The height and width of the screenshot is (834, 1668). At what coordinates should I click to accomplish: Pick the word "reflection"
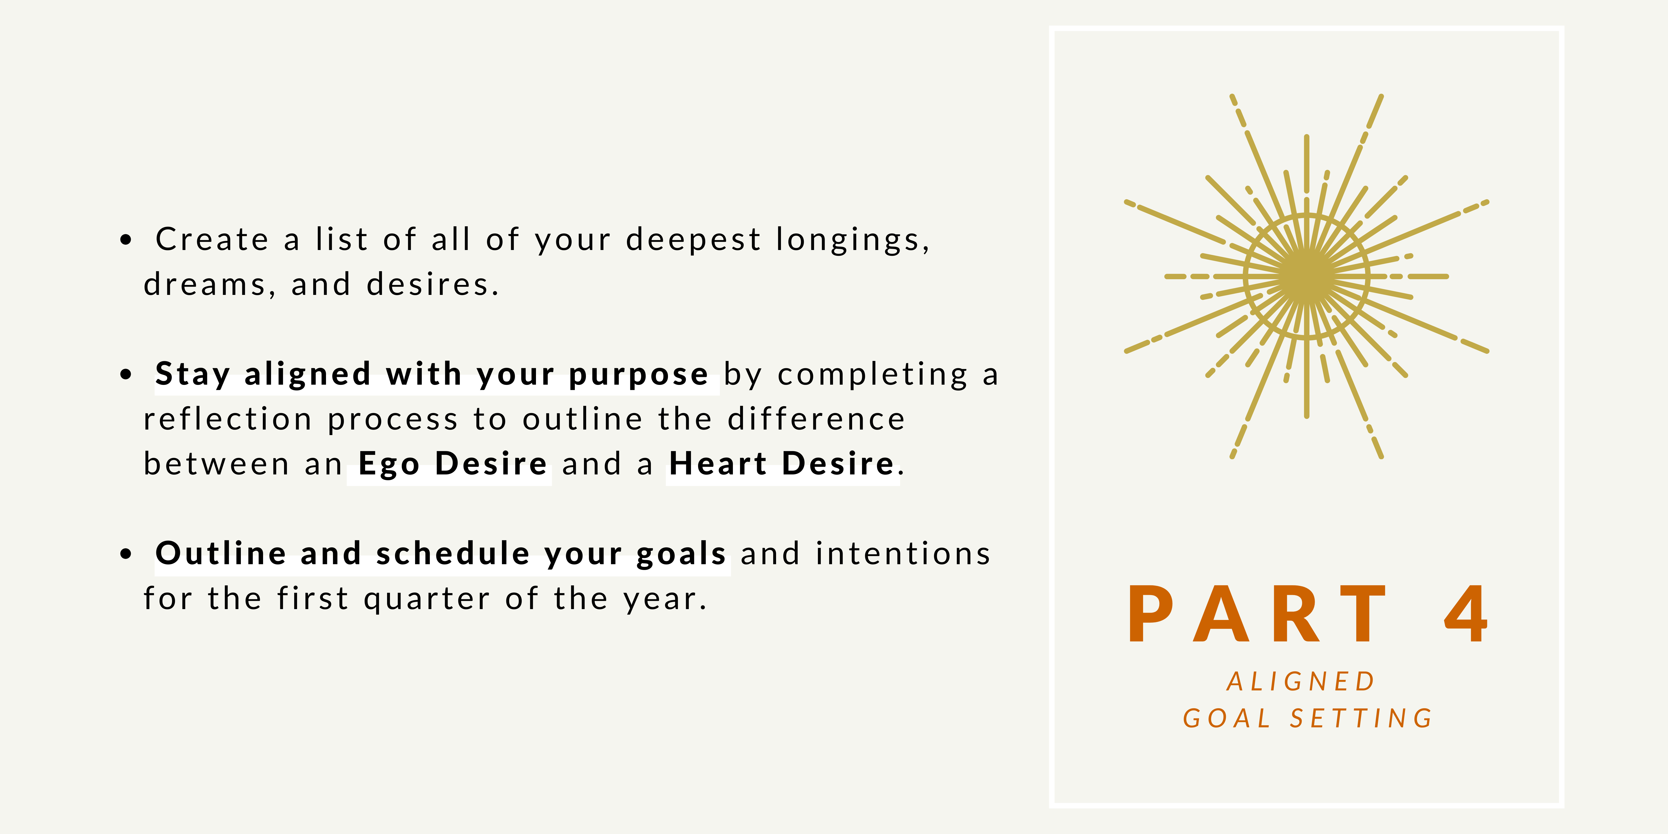[227, 419]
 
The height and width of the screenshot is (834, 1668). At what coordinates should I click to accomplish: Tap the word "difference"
[816, 419]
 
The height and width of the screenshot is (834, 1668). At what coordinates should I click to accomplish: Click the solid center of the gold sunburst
[1307, 277]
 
